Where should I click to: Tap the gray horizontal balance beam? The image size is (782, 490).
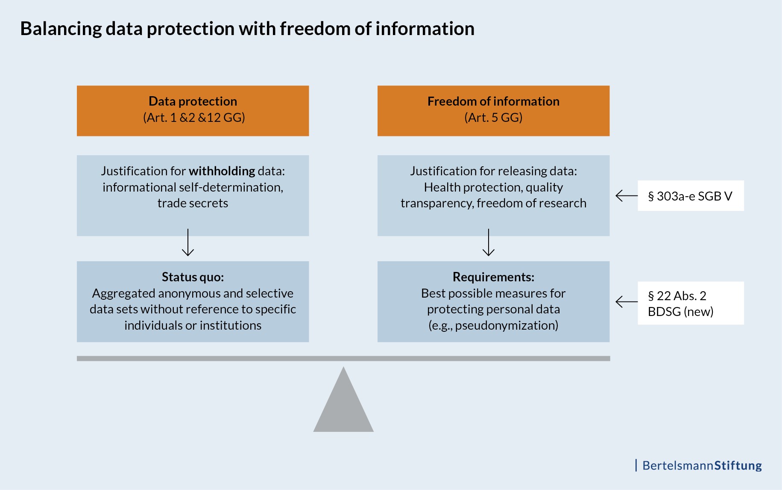(343, 358)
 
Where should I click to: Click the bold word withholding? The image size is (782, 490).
(222, 171)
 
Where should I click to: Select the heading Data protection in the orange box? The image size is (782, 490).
(193, 101)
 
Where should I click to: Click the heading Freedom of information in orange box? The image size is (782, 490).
(493, 101)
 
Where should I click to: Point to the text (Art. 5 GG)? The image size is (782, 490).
(493, 118)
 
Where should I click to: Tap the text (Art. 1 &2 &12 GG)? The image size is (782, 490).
(194, 118)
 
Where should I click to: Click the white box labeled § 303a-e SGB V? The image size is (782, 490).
(690, 196)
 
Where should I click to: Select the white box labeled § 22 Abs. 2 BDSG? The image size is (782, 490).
(690, 303)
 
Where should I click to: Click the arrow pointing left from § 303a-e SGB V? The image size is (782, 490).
(626, 196)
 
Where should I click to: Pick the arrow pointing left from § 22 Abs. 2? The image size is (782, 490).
(626, 302)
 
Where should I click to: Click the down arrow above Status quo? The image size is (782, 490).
(188, 243)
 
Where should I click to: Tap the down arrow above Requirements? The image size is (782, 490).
(488, 243)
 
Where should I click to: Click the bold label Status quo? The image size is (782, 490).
(193, 277)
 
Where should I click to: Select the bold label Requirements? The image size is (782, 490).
(493, 277)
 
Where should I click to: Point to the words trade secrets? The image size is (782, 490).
(193, 203)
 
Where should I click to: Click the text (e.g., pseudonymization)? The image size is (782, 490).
(493, 325)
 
